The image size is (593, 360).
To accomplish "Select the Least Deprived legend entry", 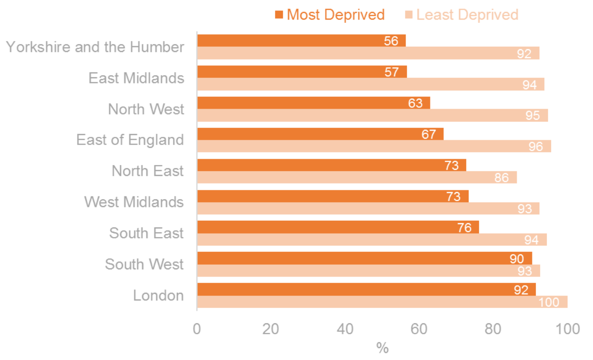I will pos(461,15).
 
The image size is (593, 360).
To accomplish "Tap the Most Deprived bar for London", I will pos(366,289).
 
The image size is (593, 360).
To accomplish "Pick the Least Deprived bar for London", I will pos(382,302).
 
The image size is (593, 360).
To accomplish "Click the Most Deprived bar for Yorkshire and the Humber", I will pos(301,41).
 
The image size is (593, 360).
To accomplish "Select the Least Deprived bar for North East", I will pos(357,177).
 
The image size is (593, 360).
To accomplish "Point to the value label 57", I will pos(391,72).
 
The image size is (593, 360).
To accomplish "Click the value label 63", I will pos(415,103).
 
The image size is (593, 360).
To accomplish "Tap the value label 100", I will pos(549,302).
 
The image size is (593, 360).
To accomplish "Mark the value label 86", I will pos(501,178).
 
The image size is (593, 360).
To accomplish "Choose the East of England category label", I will pos(130,140).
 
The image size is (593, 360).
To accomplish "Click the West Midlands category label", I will pos(134,202).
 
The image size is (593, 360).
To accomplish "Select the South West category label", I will pos(144,264).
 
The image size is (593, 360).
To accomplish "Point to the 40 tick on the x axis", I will pos(345,329).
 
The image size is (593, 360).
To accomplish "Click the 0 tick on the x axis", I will pos(197,329).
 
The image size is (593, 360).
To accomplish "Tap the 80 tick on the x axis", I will pos(493,329).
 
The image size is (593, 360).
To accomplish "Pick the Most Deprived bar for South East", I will pos(338,227).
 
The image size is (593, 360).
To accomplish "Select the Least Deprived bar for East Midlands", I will pos(370,84).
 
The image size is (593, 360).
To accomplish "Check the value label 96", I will pos(535,147).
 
